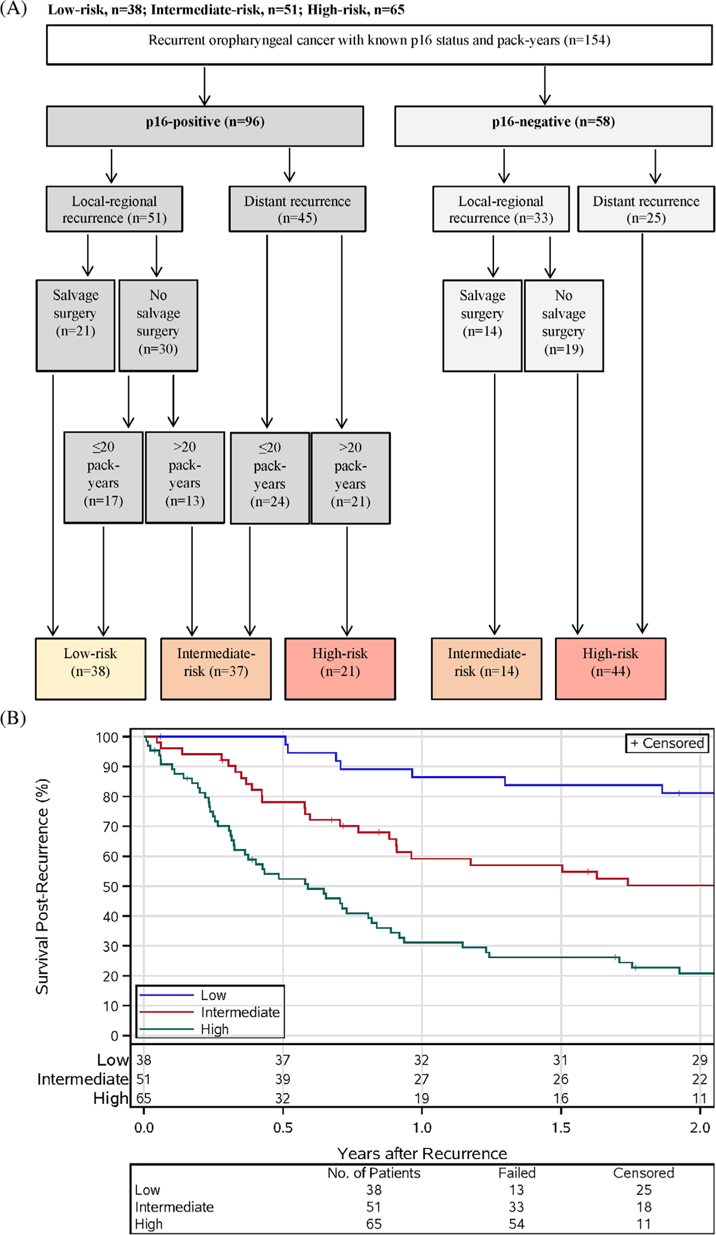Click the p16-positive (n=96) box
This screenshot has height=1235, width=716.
click(x=205, y=126)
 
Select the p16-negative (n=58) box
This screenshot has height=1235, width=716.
click(x=553, y=126)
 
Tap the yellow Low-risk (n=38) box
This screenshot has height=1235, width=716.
click(x=90, y=668)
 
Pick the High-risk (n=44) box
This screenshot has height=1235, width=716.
click(x=610, y=668)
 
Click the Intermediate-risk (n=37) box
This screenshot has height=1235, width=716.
click(x=215, y=668)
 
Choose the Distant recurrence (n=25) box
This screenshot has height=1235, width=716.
click(x=646, y=209)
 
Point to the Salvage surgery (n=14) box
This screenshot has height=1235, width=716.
click(x=482, y=325)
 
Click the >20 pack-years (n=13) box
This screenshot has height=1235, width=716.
click(x=185, y=477)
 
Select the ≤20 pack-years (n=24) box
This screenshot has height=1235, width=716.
click(x=270, y=478)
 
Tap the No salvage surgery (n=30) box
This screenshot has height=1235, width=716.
click(x=158, y=325)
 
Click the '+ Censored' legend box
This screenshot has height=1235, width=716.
click(x=667, y=743)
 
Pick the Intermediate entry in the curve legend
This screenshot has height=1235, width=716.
click(x=240, y=1012)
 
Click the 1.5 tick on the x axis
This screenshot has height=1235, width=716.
click(x=561, y=1128)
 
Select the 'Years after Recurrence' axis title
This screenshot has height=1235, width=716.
click(x=422, y=1153)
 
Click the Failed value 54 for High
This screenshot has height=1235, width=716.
click(x=517, y=1224)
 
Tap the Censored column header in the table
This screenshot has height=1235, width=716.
click(x=643, y=1173)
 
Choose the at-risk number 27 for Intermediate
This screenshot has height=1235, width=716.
click(x=422, y=1079)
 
